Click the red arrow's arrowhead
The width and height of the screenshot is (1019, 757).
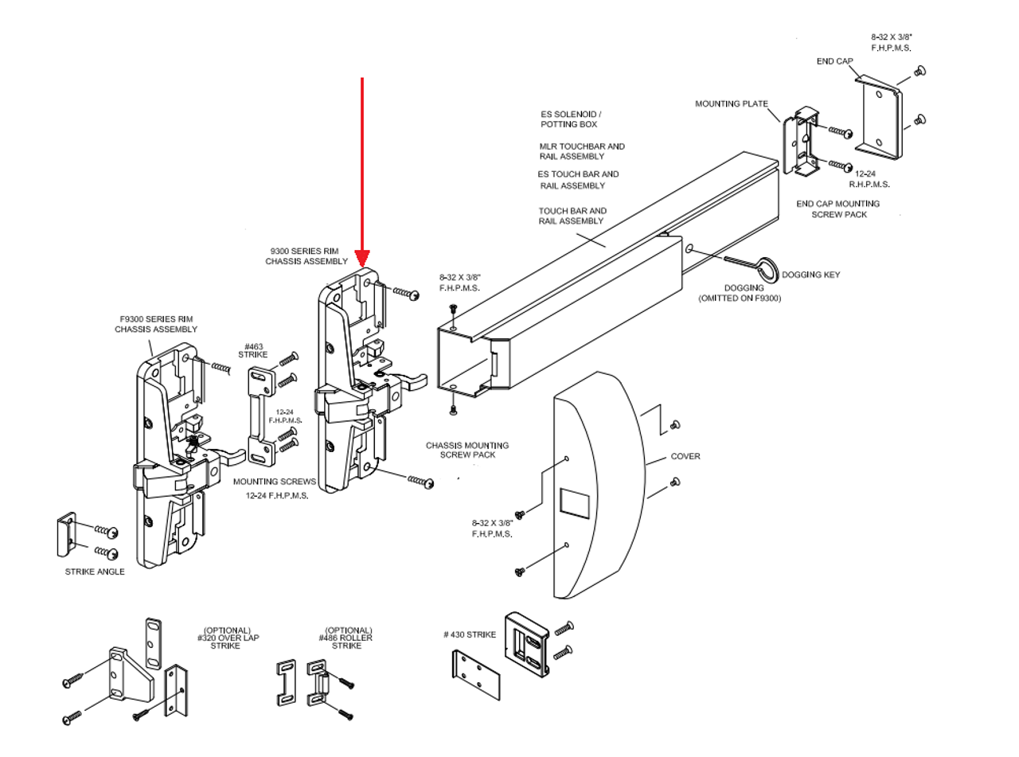click(362, 259)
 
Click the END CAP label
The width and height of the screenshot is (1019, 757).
click(834, 60)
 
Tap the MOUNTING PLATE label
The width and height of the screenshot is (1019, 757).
click(731, 103)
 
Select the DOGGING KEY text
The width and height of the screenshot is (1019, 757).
click(810, 275)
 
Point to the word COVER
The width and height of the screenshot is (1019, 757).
click(685, 456)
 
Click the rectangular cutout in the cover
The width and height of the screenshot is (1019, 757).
click(576, 502)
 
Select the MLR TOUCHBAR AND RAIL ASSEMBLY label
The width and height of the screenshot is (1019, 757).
click(582, 151)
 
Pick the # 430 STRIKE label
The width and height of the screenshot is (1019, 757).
click(470, 634)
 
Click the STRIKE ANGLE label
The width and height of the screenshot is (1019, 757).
click(95, 572)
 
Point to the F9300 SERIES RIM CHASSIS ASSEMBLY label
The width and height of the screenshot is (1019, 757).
click(154, 324)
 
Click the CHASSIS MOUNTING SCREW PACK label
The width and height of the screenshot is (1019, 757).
click(467, 450)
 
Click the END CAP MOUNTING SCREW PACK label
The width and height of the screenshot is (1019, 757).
click(837, 209)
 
